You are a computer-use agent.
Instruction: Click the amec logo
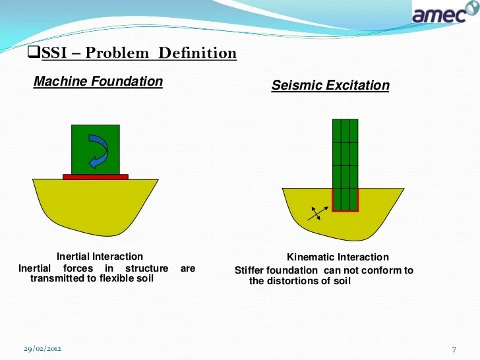(440, 14)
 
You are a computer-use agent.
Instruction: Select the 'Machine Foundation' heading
(98, 82)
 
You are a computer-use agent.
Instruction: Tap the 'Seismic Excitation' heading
(330, 86)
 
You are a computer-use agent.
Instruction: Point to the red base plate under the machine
(96, 177)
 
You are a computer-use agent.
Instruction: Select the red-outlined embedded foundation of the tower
(345, 200)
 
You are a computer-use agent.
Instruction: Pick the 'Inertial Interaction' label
(100, 256)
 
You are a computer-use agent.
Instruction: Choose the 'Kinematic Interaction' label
(338, 257)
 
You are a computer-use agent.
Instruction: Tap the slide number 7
(454, 348)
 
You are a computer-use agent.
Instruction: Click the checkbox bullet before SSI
(37, 53)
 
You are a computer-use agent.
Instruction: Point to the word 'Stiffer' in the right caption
(249, 270)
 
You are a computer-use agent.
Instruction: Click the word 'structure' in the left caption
(146, 268)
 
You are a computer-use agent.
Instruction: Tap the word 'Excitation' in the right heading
(360, 86)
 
